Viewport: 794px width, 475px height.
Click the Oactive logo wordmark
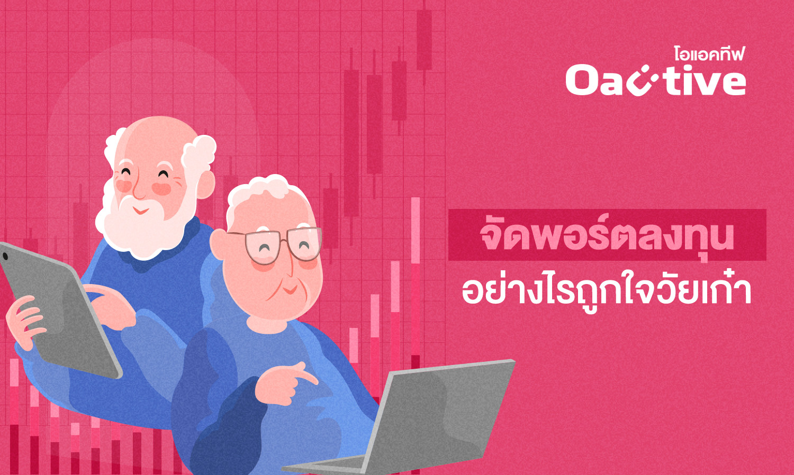[655, 81]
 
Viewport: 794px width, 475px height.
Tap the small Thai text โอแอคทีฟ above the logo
[709, 54]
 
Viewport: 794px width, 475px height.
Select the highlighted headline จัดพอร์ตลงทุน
[607, 235]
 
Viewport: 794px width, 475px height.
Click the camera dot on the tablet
[5, 255]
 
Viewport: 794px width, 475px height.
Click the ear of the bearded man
[204, 184]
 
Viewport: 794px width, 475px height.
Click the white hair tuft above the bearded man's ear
[198, 153]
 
